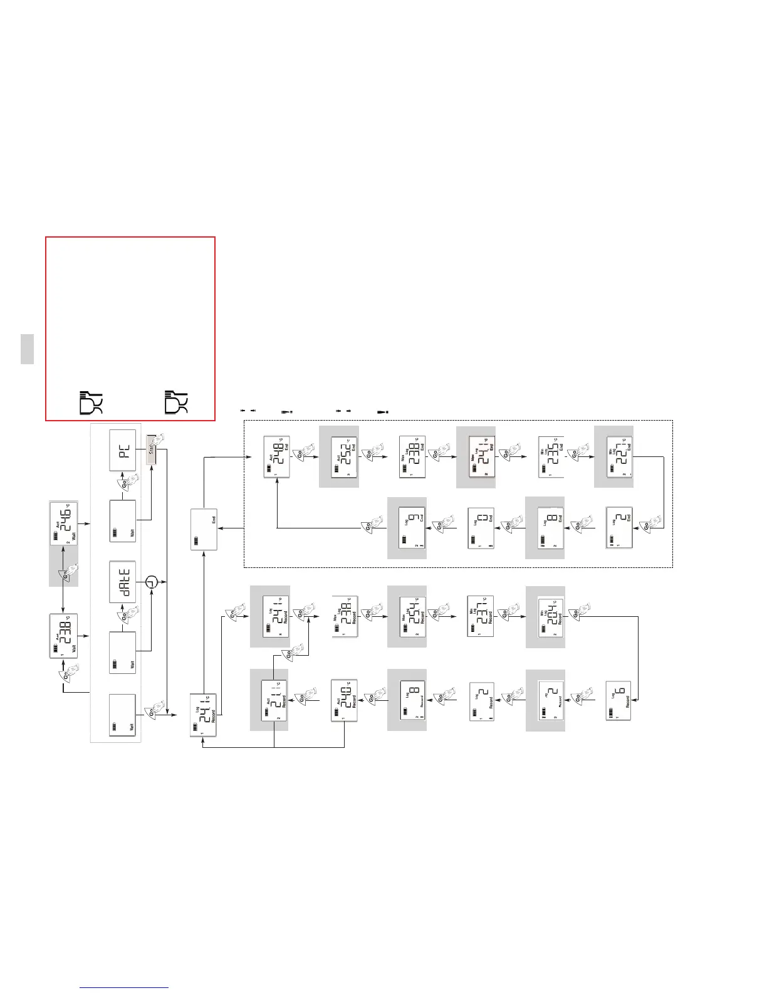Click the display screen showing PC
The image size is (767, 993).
[x=123, y=451]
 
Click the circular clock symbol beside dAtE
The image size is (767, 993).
[x=151, y=582]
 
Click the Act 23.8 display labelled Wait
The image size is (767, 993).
[x=63, y=636]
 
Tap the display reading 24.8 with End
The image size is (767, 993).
[x=276, y=456]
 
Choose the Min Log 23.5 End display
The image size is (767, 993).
[x=550, y=457]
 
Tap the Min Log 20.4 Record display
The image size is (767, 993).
[x=551, y=617]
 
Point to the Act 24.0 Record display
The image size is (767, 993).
[x=344, y=700]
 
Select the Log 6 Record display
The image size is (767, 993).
[x=618, y=700]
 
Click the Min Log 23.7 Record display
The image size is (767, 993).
[x=481, y=617]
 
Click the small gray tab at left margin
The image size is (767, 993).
[x=27, y=349]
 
